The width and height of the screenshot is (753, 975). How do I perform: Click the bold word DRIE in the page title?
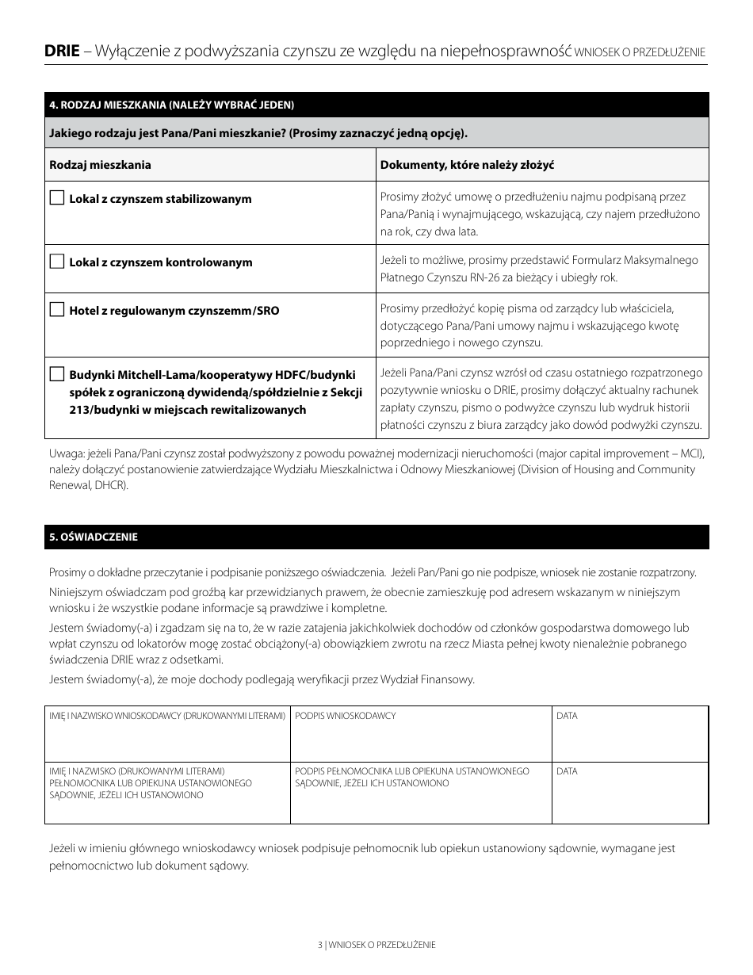coord(61,52)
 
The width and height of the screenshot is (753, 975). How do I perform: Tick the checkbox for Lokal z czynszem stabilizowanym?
coord(56,198)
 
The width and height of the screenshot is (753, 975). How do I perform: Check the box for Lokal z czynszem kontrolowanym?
coord(56,262)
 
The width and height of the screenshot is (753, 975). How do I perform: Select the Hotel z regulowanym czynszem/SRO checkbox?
coord(56,310)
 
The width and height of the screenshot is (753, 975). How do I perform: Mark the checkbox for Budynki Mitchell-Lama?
coord(56,374)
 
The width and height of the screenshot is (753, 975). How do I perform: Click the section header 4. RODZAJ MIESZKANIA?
coord(171,105)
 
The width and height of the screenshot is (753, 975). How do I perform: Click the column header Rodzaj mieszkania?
coord(100,165)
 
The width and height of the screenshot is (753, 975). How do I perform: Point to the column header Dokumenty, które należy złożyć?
coord(466,165)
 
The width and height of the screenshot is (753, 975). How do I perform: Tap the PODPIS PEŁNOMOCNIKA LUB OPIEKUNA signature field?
coord(421,801)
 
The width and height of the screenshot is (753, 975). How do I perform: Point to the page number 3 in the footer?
coord(319,945)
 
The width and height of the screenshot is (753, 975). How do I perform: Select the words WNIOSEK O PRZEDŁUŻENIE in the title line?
coord(640,52)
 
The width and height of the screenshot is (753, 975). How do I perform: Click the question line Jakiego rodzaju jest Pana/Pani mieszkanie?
coord(258,133)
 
